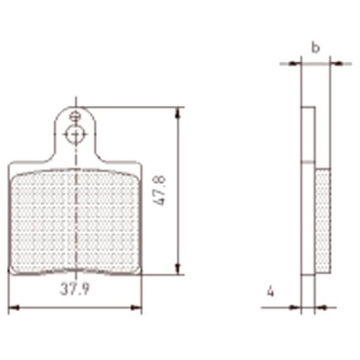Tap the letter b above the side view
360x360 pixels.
coord(316,46)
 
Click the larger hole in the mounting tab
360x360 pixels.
coord(75,136)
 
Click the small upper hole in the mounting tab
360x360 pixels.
coord(76,117)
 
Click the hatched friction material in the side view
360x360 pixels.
coord(322,222)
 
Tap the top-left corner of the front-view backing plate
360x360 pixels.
coord(11,166)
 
